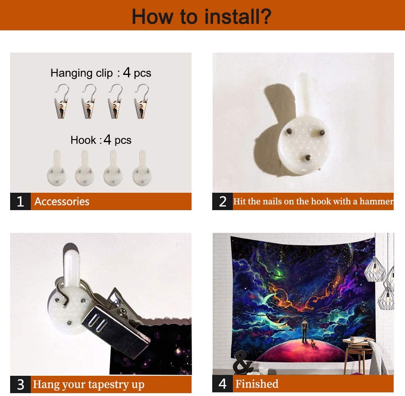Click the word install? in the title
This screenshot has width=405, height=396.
pyautogui.click(x=238, y=17)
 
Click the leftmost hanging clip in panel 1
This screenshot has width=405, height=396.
pyautogui.click(x=62, y=102)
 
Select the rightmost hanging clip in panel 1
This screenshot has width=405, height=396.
pyautogui.click(x=142, y=102)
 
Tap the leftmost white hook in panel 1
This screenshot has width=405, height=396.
pyautogui.click(x=57, y=168)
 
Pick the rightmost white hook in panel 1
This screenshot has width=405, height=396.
pyautogui.click(x=142, y=168)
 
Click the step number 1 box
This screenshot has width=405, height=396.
pyautogui.click(x=20, y=201)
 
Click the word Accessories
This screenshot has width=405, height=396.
pyautogui.click(x=62, y=202)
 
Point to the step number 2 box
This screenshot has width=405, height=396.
pyautogui.click(x=222, y=201)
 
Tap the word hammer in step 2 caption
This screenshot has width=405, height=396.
pyautogui.click(x=377, y=201)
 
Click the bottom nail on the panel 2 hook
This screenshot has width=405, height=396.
pyautogui.click(x=307, y=157)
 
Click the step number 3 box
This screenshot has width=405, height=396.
pyautogui.click(x=20, y=384)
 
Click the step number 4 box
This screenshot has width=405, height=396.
pyautogui.click(x=222, y=384)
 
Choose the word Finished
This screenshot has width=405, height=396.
pyautogui.click(x=257, y=384)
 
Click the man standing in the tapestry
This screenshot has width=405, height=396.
pyautogui.click(x=305, y=330)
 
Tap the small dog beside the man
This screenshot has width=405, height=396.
pyautogui.click(x=313, y=343)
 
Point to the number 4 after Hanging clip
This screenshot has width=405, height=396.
pyautogui.click(x=126, y=72)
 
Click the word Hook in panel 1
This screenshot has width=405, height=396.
pyautogui.click(x=83, y=140)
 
